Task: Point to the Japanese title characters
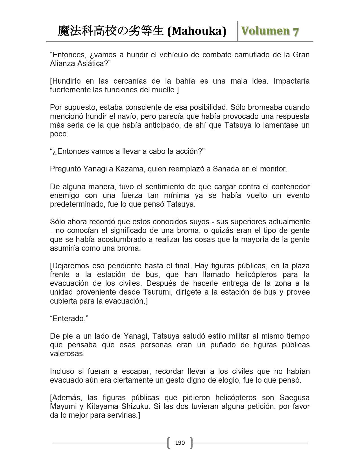111,31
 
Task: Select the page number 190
180,443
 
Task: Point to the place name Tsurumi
155,292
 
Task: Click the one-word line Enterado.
69,319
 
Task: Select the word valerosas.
67,354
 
